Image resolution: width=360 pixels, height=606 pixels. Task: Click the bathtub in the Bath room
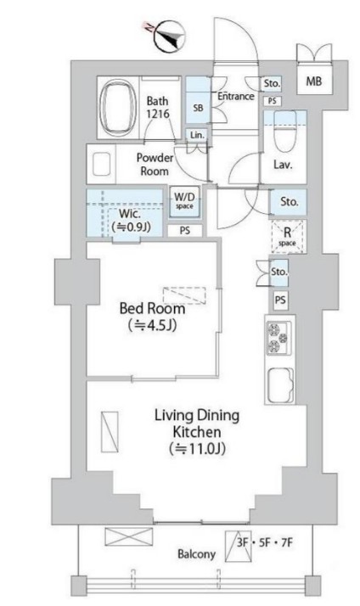pyautogui.click(x=118, y=108)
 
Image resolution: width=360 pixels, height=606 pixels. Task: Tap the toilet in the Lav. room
pyautogui.click(x=285, y=132)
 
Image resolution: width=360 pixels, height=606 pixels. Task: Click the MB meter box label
pyautogui.click(x=313, y=81)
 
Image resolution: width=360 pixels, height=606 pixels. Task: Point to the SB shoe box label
pyautogui.click(x=198, y=108)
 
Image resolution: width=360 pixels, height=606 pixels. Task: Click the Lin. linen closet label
pyautogui.click(x=197, y=135)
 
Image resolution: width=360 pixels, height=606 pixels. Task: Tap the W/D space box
pyautogui.click(x=184, y=201)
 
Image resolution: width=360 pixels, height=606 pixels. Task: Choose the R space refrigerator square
pyautogui.click(x=287, y=237)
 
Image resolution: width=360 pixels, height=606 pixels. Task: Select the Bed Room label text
pyautogui.click(x=152, y=308)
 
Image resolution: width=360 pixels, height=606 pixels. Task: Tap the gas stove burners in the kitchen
pyautogui.click(x=278, y=339)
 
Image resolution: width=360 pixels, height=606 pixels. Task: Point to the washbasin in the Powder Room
pyautogui.click(x=101, y=164)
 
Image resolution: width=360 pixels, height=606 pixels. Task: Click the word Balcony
pyautogui.click(x=196, y=554)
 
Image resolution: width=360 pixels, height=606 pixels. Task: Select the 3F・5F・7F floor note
pyautogui.click(x=265, y=542)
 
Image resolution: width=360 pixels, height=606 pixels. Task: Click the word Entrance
pyautogui.click(x=236, y=96)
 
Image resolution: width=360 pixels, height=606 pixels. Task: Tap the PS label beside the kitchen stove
pyautogui.click(x=280, y=300)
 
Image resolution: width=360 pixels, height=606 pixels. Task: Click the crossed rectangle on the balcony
pyautogui.click(x=129, y=536)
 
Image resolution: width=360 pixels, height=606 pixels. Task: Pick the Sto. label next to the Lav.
pyautogui.click(x=289, y=201)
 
